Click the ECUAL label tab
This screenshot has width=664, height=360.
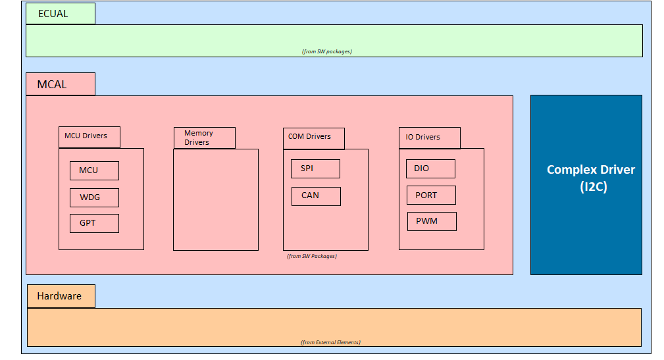pos(61,14)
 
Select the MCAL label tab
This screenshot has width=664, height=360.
pos(61,84)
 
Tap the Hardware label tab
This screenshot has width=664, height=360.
pos(61,296)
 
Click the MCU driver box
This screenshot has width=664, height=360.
pos(94,170)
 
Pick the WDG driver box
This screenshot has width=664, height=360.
pos(94,197)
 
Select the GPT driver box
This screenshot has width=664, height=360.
pos(94,223)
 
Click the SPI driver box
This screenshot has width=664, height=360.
pos(315,168)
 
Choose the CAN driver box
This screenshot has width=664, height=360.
pos(316,196)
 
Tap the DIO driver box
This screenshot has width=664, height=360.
pos(430,168)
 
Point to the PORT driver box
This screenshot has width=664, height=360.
pos(431,195)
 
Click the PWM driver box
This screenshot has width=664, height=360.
pos(432,221)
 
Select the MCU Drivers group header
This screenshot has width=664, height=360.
pos(89,137)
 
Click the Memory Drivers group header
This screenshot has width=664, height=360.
pos(204,138)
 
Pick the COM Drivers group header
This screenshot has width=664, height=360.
pos(313,138)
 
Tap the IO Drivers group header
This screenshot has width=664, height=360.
pos(429,138)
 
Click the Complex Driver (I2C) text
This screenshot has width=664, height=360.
pos(590,178)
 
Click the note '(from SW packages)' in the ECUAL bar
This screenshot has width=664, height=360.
pos(326,51)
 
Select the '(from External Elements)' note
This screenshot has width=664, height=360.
pos(330,342)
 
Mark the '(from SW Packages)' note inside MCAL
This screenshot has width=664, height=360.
pos(312,256)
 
